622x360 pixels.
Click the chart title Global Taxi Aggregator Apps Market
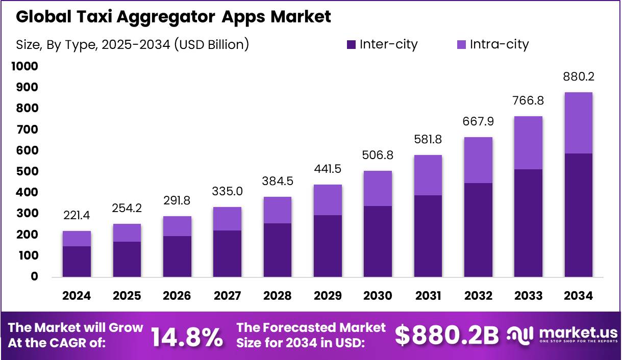coord(173,16)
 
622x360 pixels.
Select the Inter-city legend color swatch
coord(351,44)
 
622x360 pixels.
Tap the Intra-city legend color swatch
coord(461,44)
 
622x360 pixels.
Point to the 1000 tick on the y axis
coord(24,66)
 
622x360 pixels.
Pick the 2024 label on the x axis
coord(77,296)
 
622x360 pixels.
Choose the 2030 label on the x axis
coord(378,296)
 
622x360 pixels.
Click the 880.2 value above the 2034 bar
coord(578,77)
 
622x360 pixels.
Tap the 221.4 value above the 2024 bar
coord(77,216)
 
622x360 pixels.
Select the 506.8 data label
coord(378,155)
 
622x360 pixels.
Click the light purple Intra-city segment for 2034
coord(578,123)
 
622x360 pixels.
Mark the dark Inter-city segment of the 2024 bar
coord(77,262)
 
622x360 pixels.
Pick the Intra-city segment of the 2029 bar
coord(328,200)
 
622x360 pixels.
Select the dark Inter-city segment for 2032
coord(478,230)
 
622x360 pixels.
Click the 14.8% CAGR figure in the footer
coord(187,336)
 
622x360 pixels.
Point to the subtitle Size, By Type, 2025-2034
coord(132,44)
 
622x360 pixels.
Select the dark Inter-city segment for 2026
coord(177,256)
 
